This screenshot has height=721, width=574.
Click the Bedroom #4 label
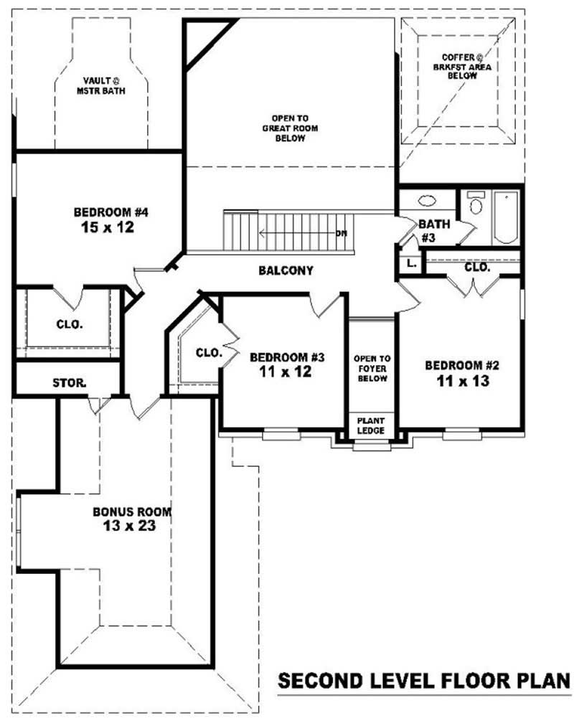tap(110, 212)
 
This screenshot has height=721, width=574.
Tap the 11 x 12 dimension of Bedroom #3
tap(285, 372)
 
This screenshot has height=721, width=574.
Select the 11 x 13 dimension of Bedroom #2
tap(463, 381)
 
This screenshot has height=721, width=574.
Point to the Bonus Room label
tap(132, 512)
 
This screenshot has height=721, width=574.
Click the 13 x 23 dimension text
tap(130, 526)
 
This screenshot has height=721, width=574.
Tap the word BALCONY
tap(286, 270)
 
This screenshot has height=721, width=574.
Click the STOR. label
tap(69, 382)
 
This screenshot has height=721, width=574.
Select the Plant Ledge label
tap(371, 426)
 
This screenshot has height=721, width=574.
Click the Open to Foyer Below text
tap(372, 368)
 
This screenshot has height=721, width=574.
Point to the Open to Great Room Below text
tap(290, 128)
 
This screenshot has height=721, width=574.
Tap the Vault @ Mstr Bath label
tap(100, 86)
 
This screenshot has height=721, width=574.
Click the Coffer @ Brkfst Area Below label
tap(462, 67)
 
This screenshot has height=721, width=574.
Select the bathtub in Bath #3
tap(505, 217)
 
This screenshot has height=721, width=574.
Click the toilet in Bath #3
tap(476, 203)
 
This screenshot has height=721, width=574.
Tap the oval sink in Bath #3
tap(428, 201)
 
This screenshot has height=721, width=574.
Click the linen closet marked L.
tap(410, 264)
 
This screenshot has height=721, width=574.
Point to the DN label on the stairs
tap(342, 234)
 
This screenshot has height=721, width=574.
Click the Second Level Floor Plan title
tap(424, 681)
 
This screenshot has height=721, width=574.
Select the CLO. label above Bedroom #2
tap(477, 267)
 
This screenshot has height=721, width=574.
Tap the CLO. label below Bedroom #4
tap(70, 325)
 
